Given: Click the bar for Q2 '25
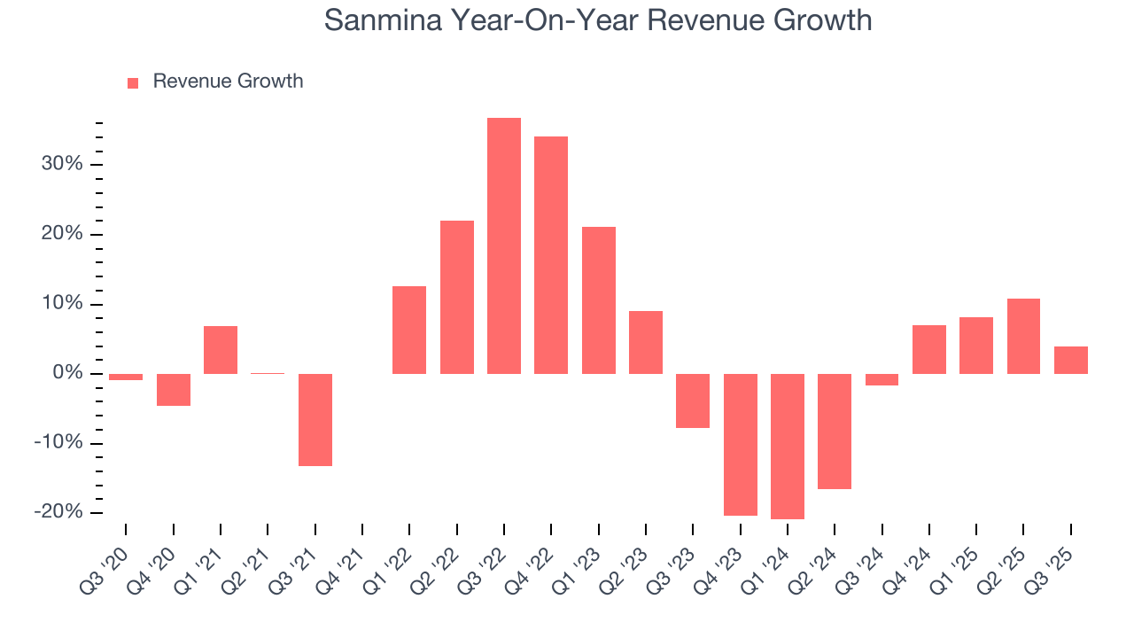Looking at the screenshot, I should click(1023, 336).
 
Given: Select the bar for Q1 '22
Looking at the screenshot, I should click(409, 330).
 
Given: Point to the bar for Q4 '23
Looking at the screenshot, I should click(740, 444).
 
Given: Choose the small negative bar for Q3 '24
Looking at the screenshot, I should click(882, 379).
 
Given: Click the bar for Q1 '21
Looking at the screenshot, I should click(221, 350).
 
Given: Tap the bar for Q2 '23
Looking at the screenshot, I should click(646, 342).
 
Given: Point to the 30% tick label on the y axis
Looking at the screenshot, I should click(61, 165).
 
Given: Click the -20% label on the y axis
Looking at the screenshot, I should click(58, 513).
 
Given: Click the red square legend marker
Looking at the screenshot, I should click(133, 83).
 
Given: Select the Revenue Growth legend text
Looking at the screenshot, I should click(228, 82).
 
